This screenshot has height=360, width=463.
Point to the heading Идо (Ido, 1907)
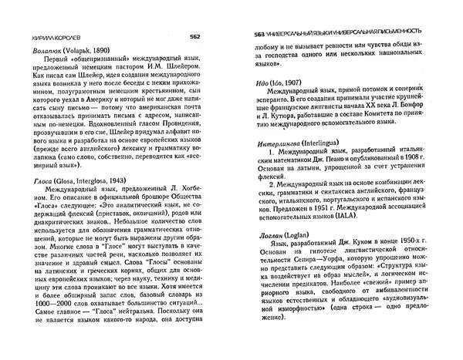283,84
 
